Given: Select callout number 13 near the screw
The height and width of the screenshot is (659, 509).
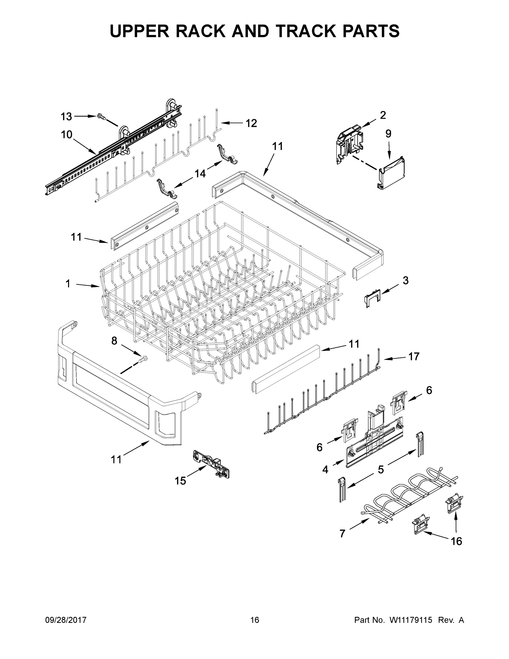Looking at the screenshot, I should click(x=66, y=116).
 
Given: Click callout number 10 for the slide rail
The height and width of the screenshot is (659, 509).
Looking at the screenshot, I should click(x=67, y=135).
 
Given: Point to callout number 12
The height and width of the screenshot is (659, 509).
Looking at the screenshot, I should click(x=251, y=123).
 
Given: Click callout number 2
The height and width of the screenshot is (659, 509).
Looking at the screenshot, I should click(x=383, y=115).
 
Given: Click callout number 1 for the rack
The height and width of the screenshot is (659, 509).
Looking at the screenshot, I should click(x=68, y=284).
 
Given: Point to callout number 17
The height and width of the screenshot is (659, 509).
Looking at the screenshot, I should click(x=414, y=356).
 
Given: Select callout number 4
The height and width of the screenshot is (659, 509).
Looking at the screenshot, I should click(x=325, y=470).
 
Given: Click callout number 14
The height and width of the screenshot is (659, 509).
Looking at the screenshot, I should click(x=200, y=174).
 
